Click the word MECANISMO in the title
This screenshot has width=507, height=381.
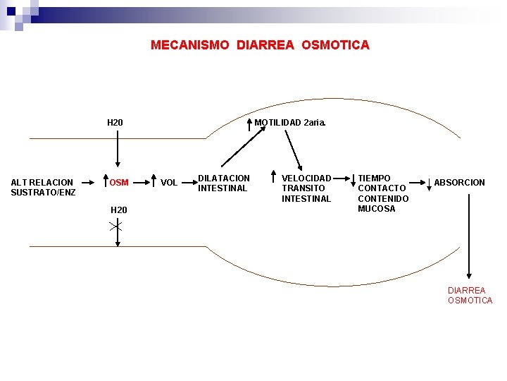(190, 45)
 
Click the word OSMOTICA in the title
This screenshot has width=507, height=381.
(335, 45)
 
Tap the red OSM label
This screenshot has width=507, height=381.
(119, 183)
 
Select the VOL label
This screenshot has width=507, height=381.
(169, 183)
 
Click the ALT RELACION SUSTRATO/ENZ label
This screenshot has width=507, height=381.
(43, 187)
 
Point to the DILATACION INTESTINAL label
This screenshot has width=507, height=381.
(223, 183)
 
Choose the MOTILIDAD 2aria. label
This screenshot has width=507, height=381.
(290, 123)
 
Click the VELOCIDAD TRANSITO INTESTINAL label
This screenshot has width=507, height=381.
(306, 188)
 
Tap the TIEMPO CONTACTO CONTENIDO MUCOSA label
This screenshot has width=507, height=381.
(382, 193)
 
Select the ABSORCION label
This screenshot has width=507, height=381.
(459, 183)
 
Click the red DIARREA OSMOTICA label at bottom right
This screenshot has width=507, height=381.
(470, 295)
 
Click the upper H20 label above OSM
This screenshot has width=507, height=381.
(115, 123)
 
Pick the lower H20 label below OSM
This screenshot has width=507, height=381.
(119, 210)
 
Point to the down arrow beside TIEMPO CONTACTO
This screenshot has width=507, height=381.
(353, 182)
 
